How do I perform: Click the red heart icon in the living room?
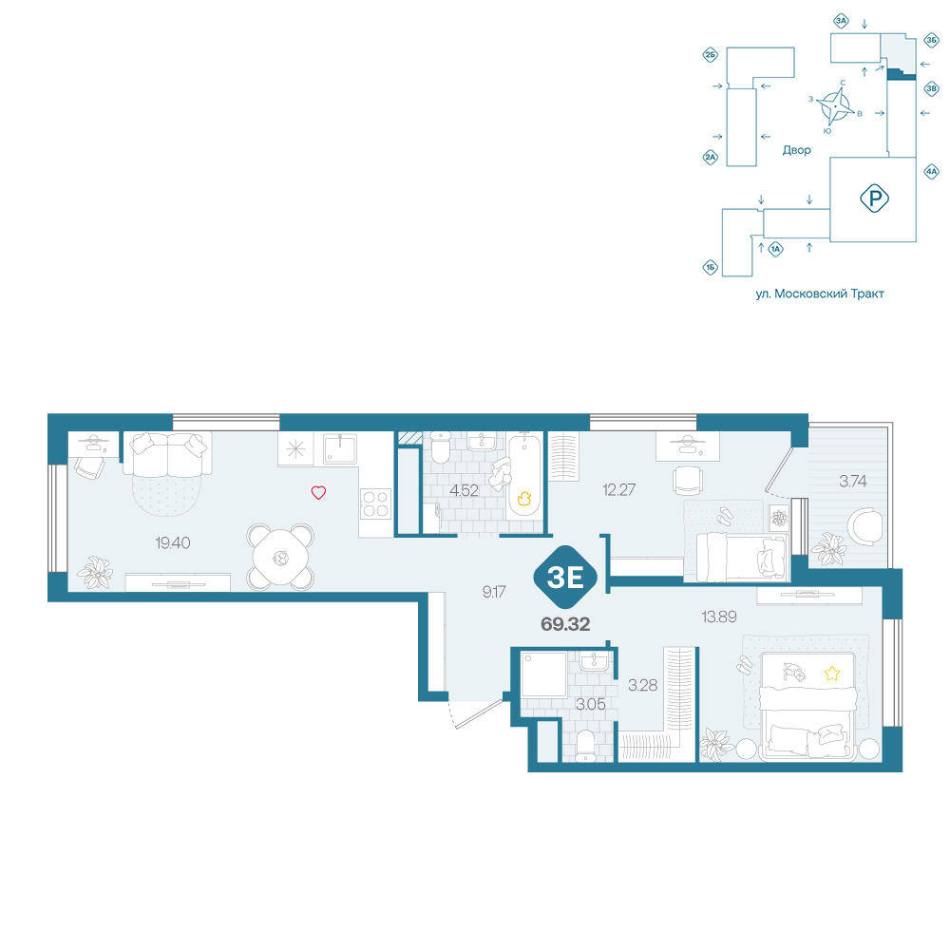pos(318,492)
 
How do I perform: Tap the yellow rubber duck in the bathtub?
pos(524,498)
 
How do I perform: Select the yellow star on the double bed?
pos(832,674)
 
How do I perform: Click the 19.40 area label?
pos(173,542)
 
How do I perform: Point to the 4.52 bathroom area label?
pos(465,490)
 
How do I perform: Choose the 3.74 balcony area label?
pos(852,481)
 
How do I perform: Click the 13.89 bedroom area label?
pos(719,617)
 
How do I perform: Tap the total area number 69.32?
pos(565,624)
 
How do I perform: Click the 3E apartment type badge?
pos(565,578)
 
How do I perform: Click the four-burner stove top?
pos(375,504)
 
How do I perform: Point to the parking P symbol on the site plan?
pos(874,199)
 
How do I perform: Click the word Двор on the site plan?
pos(796,150)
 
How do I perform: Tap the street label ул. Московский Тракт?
pos(820,294)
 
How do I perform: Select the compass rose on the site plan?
pos(835,106)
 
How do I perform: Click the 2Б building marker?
pos(710,56)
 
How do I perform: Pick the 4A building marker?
pos(931,171)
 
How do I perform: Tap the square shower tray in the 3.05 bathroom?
pos(543,674)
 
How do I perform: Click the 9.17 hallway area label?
pos(494,591)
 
